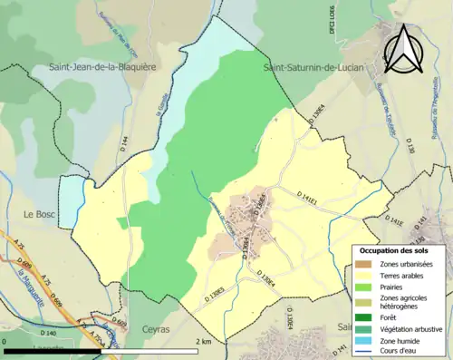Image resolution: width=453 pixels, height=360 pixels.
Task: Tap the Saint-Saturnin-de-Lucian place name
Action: point(309,67)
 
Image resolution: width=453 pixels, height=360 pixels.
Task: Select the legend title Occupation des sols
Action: point(400,248)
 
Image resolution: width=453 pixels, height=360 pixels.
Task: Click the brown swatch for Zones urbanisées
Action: point(363,263)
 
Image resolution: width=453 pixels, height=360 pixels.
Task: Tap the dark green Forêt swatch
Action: point(363,317)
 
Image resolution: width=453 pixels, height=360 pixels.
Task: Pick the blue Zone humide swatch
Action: point(363,341)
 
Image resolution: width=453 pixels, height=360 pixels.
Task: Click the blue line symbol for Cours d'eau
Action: point(363,353)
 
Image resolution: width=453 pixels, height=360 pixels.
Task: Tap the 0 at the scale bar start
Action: point(6,342)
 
